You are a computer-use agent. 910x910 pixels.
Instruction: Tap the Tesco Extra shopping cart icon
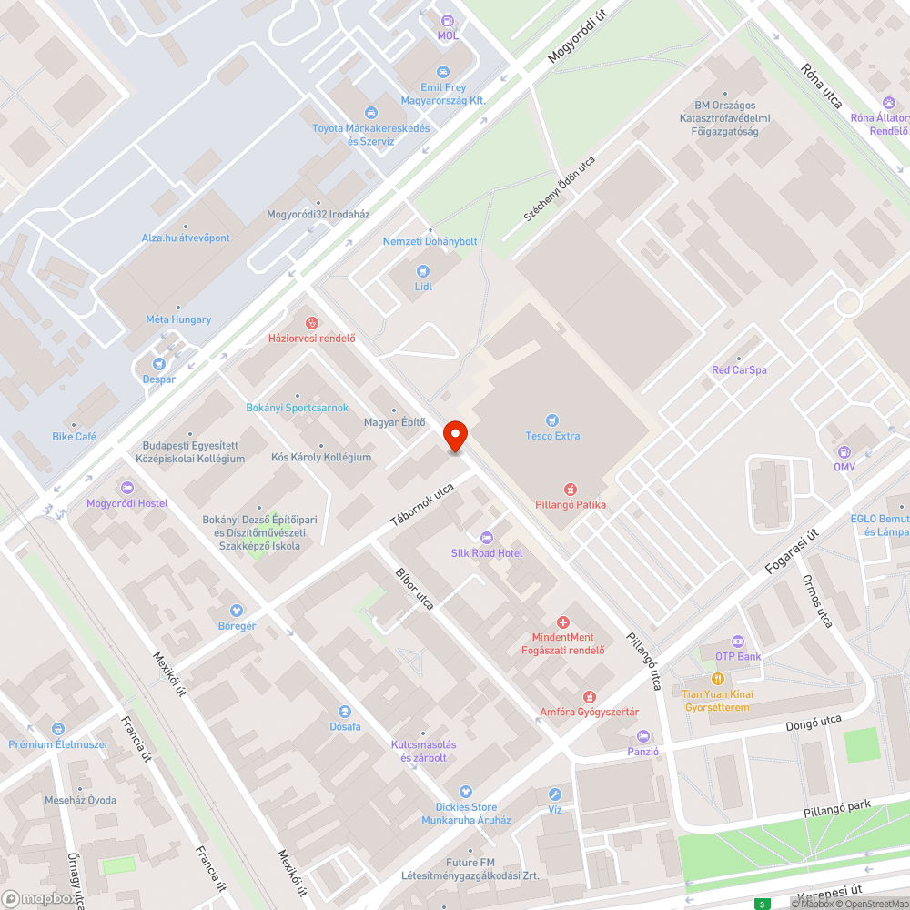pyautogui.click(x=552, y=420)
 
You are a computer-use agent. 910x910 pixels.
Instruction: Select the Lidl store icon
pyautogui.click(x=422, y=271)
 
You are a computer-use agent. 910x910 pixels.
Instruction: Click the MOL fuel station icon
pyautogui.click(x=447, y=20)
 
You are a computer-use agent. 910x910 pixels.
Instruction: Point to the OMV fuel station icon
pyautogui.click(x=844, y=451)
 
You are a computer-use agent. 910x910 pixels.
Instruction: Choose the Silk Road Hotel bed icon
pyautogui.click(x=486, y=537)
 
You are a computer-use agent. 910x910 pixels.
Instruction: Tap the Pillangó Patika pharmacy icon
pyautogui.click(x=571, y=489)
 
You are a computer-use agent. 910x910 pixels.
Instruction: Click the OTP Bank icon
pyautogui.click(x=737, y=642)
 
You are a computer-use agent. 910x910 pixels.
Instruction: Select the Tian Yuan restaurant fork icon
pyautogui.click(x=717, y=679)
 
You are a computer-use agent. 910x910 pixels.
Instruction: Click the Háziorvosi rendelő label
pyautogui.click(x=311, y=339)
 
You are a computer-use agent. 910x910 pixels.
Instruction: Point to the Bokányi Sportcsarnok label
pyautogui.click(x=297, y=408)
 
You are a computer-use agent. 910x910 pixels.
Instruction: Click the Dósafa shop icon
pyautogui.click(x=345, y=712)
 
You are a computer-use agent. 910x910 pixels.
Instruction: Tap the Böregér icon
pyautogui.click(x=237, y=610)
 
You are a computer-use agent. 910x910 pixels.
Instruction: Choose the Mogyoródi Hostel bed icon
pyautogui.click(x=126, y=488)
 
